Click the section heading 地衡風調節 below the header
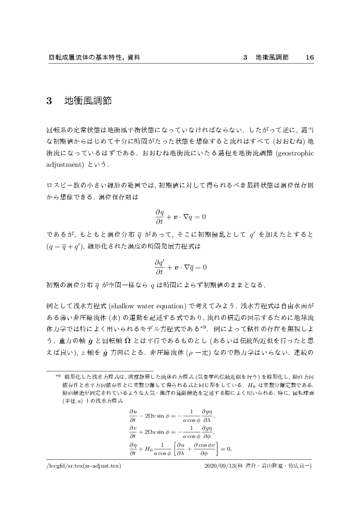88,101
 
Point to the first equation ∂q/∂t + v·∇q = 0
180,216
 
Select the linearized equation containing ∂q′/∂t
180,266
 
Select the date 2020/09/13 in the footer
220,465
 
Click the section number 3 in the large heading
49,101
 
